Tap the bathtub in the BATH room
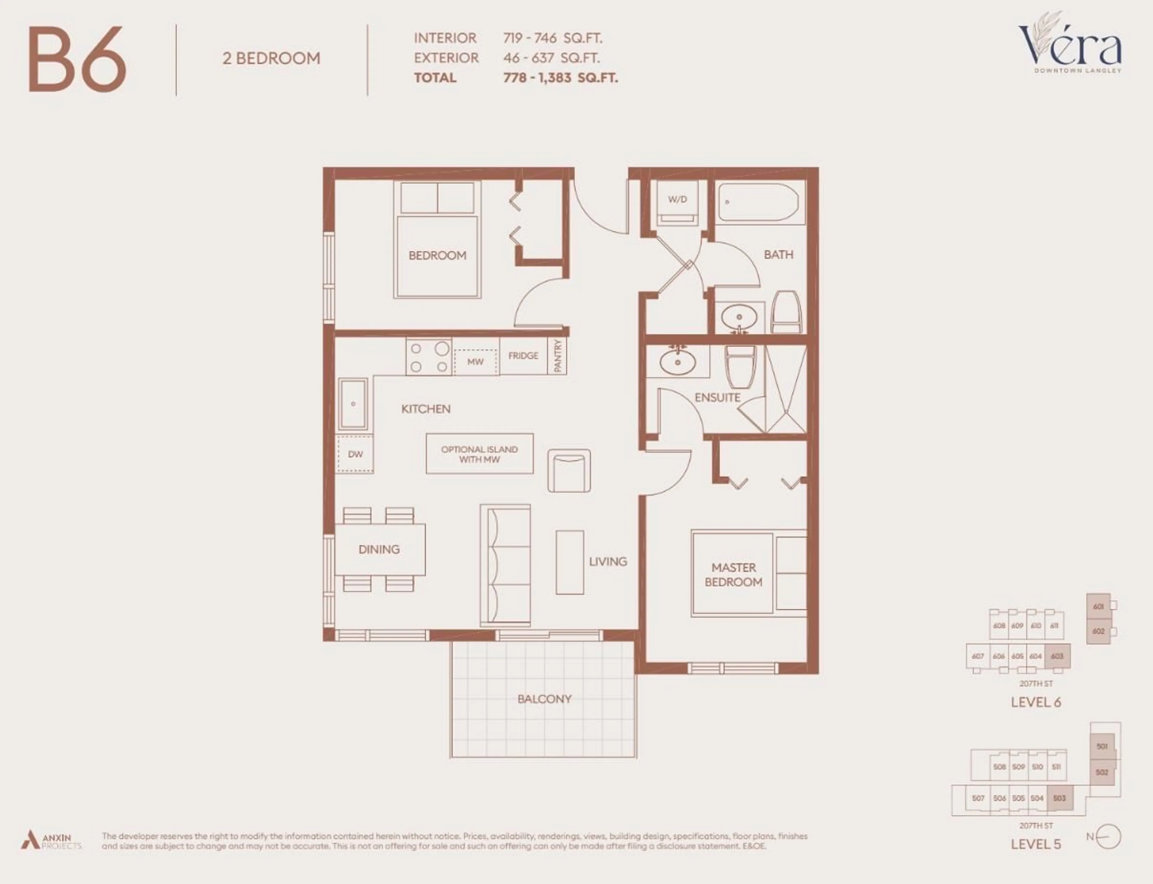point(758,202)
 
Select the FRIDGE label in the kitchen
point(523,356)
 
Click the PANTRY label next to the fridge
point(558,356)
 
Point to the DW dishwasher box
point(355,454)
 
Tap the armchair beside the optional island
point(569,471)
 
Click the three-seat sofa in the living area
point(505,565)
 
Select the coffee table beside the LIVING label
point(569,562)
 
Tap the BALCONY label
point(544,699)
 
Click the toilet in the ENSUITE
point(740,366)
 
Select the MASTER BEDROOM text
point(733,575)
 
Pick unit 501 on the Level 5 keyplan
point(1102,746)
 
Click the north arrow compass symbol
point(1109,837)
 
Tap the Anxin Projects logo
point(51,841)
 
